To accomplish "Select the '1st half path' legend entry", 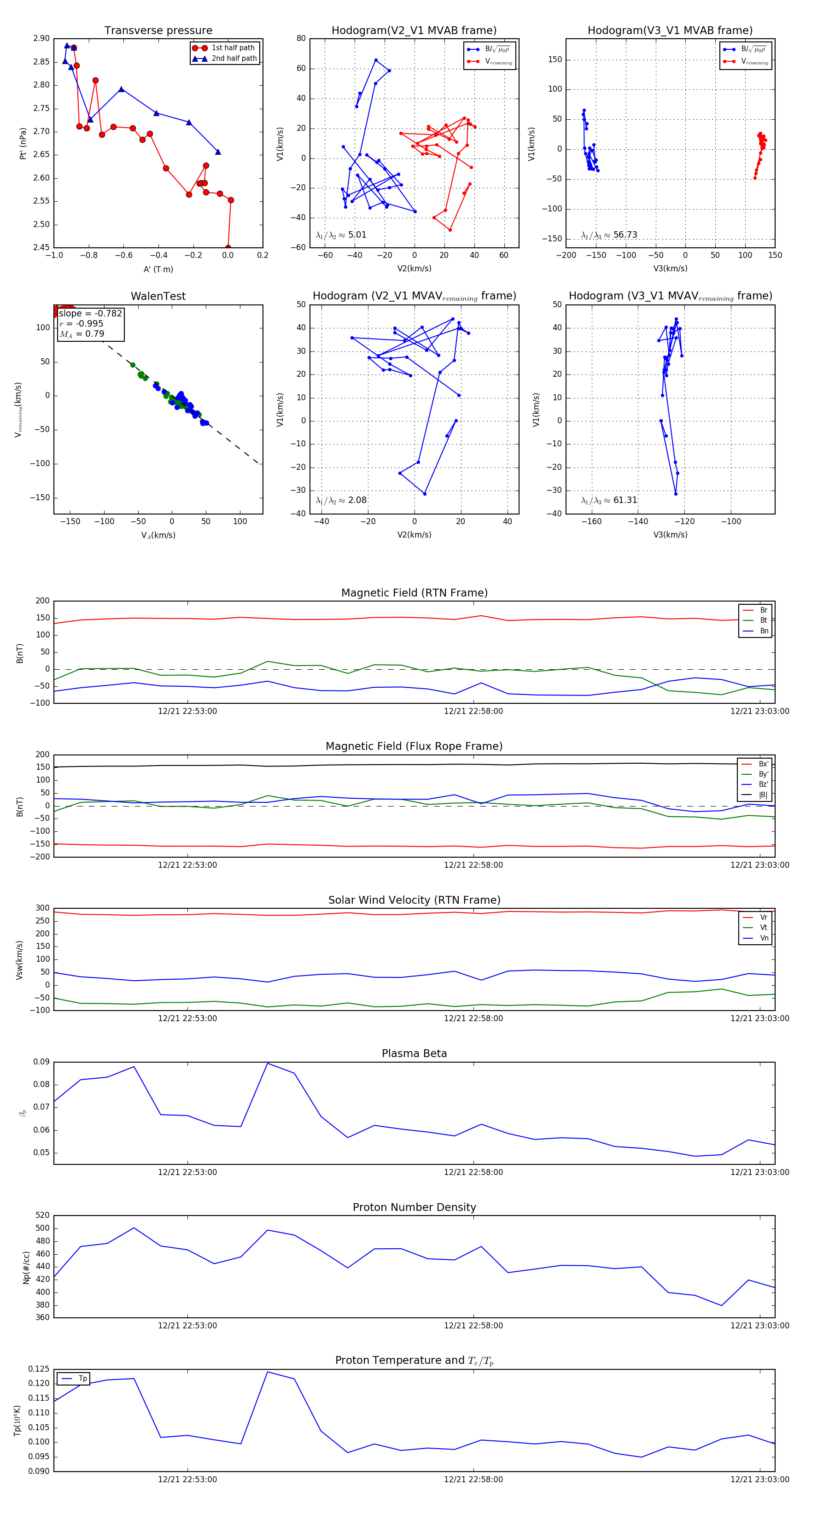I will tap(233, 48).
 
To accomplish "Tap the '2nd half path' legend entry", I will tap(234, 58).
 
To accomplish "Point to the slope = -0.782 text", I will tap(90, 313).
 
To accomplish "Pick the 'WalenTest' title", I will tap(158, 296).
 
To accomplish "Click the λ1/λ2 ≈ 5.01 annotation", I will tap(341, 235).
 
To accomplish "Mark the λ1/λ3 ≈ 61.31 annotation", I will tap(609, 500).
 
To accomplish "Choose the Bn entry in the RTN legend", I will tap(764, 631).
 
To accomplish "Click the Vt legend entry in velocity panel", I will tap(764, 928).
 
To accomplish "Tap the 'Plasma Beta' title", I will tap(414, 1053).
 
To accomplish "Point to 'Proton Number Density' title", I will tap(414, 1207).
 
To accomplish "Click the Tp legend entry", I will tap(82, 1379).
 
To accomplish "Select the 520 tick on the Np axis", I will tap(42, 1216).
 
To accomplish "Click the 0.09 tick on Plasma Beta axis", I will tap(41, 1062).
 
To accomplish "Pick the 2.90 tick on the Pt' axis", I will tap(41, 38).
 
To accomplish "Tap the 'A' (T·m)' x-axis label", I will tap(158, 269).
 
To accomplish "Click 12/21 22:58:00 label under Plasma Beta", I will tap(473, 1172).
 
